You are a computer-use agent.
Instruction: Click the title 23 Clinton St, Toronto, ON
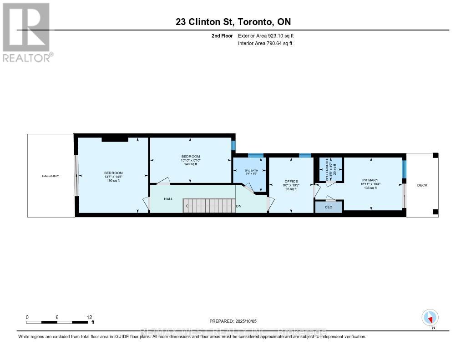[233, 22]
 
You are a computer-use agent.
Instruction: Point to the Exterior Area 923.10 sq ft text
[265, 35]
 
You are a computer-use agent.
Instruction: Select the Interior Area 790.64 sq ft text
[265, 43]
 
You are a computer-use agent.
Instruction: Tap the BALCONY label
[51, 176]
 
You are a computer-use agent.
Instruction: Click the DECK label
[422, 185]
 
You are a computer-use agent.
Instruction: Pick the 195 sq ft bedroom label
[113, 175]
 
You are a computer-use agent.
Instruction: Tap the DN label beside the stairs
[239, 206]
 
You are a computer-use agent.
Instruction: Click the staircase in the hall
[209, 205]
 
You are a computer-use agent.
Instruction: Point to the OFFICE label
[291, 181]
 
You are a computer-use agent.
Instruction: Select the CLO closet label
[329, 207]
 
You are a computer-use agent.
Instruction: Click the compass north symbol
[430, 318]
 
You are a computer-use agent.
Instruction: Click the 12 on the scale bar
[89, 317]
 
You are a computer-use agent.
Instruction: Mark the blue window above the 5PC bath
[255, 155]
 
